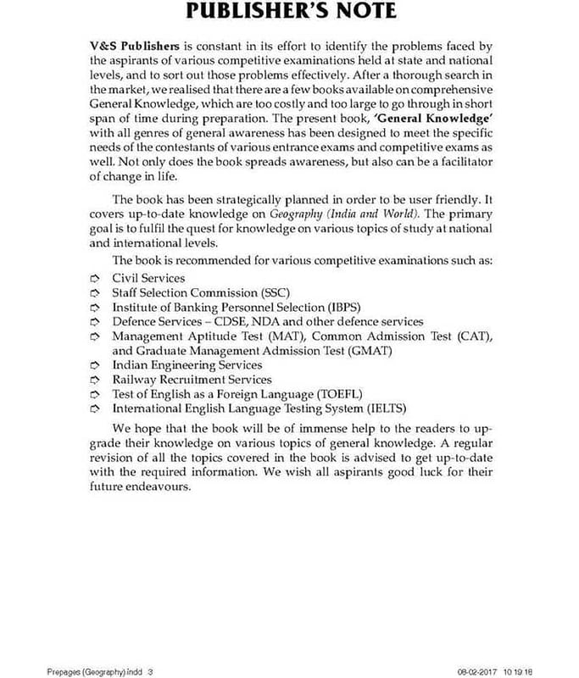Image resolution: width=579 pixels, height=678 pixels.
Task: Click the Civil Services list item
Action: coord(148,278)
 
